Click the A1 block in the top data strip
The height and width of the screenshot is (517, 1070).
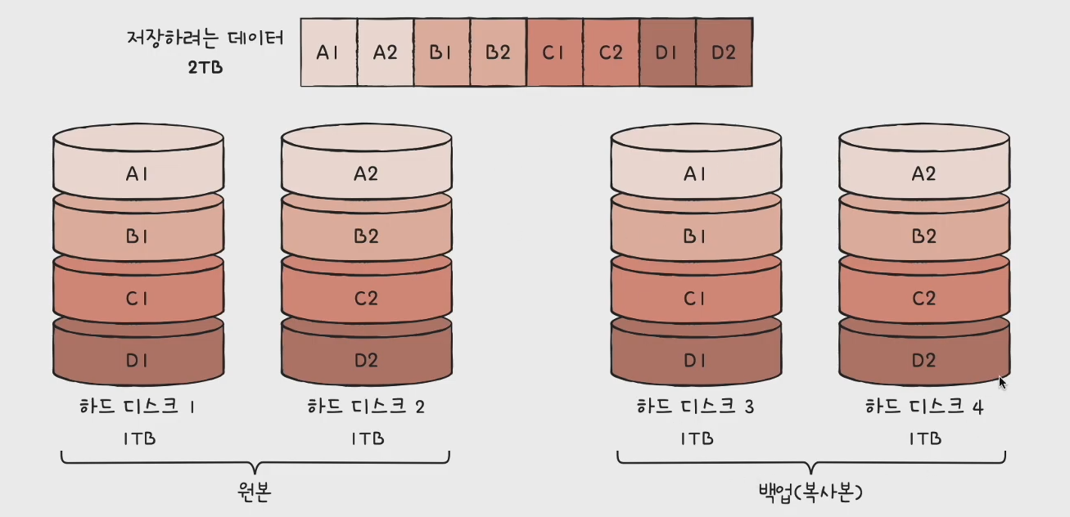pyautogui.click(x=329, y=52)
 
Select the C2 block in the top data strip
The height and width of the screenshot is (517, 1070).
pyautogui.click(x=611, y=52)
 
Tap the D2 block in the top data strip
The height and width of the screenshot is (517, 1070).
pyautogui.click(x=724, y=52)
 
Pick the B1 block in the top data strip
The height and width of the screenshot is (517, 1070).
pyautogui.click(x=441, y=52)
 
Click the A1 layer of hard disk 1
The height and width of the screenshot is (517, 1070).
pyautogui.click(x=138, y=173)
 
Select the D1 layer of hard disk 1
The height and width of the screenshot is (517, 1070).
pyautogui.click(x=138, y=360)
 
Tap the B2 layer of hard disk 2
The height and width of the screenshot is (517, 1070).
pyautogui.click(x=366, y=236)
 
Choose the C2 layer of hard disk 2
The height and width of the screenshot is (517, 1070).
pyautogui.click(x=366, y=299)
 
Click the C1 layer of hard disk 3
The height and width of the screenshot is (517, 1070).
pyautogui.click(x=695, y=299)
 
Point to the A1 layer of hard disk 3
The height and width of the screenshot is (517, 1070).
pyautogui.click(x=695, y=173)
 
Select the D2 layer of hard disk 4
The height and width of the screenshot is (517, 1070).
pyautogui.click(x=923, y=360)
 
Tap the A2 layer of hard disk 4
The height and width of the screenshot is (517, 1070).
pyautogui.click(x=923, y=173)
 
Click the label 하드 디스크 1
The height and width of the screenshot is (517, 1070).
pyautogui.click(x=138, y=407)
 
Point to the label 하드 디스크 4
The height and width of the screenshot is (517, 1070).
pyautogui.click(x=923, y=407)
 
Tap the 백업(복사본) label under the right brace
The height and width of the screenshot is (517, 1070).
pyautogui.click(x=810, y=492)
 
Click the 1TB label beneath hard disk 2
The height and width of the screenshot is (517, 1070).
pyautogui.click(x=368, y=438)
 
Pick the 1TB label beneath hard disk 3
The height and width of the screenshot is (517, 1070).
pyautogui.click(x=697, y=438)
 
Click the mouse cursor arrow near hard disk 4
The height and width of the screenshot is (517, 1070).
pyautogui.click(x=1003, y=381)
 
